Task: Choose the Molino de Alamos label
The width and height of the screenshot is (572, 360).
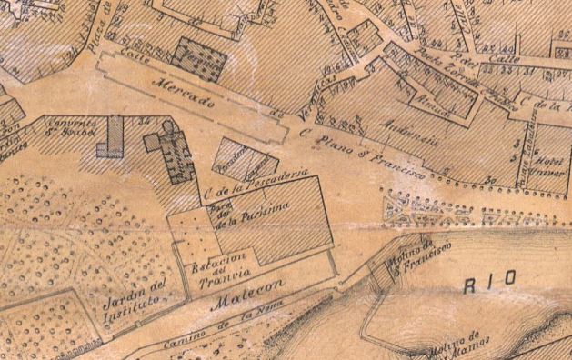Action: pos(463,347)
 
